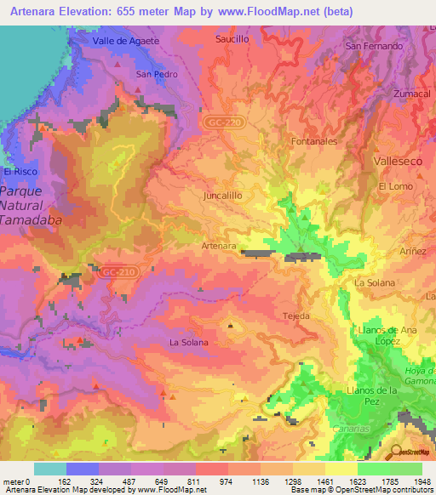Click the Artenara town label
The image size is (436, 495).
pos(219,246)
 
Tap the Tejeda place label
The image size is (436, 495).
pos(295,316)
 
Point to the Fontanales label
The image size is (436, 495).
pos(314,141)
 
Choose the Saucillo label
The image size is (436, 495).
pos(232,39)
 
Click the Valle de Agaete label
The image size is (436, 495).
pos(128,41)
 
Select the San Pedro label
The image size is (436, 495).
pos(157,74)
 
